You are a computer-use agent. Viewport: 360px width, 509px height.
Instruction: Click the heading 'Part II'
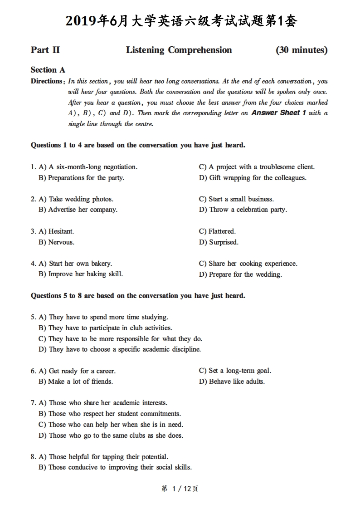[x=45, y=50]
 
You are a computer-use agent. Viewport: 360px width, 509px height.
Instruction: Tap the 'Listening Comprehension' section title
[x=179, y=50]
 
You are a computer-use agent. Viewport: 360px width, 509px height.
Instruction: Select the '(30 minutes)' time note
[x=302, y=50]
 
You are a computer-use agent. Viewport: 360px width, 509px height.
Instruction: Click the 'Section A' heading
[x=48, y=70]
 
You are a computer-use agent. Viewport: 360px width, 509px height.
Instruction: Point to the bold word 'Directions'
[x=46, y=81]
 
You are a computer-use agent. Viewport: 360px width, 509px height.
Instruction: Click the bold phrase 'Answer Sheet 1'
[x=279, y=113]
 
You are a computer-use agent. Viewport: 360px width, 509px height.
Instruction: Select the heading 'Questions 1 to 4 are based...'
[x=138, y=145]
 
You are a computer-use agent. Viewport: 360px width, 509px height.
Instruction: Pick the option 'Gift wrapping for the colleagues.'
[x=258, y=178]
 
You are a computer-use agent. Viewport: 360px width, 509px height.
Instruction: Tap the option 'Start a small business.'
[x=241, y=199]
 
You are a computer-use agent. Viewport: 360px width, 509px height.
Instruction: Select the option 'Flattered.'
[x=222, y=231]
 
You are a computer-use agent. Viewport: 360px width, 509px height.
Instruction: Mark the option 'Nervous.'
[x=61, y=242]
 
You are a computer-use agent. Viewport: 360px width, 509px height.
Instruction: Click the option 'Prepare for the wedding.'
[x=245, y=274]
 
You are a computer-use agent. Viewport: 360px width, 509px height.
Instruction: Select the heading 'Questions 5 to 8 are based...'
[x=138, y=296]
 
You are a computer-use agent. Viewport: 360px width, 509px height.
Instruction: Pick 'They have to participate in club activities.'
[x=110, y=328]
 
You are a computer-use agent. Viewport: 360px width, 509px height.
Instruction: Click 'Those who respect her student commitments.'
[x=114, y=414]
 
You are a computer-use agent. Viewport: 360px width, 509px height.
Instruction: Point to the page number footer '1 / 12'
[x=180, y=489]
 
